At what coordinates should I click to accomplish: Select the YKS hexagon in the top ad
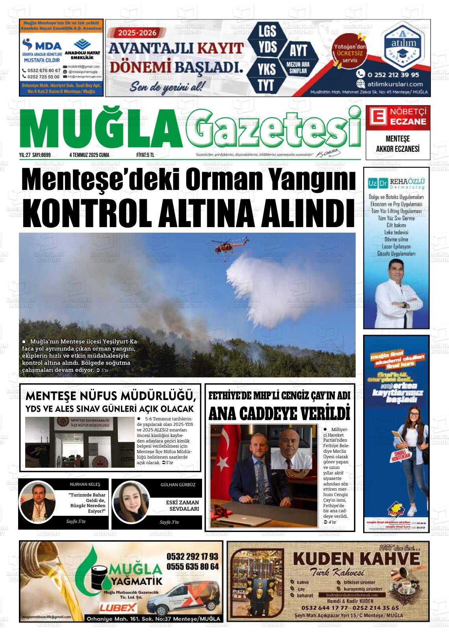(x=267, y=69)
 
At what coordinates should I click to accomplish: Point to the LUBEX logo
(x=118, y=608)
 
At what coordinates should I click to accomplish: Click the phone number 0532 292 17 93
(x=192, y=557)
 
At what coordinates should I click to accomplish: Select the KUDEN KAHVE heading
(x=357, y=559)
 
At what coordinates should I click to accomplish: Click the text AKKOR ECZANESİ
(x=398, y=149)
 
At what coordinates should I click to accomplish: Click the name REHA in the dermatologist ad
(x=396, y=182)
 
